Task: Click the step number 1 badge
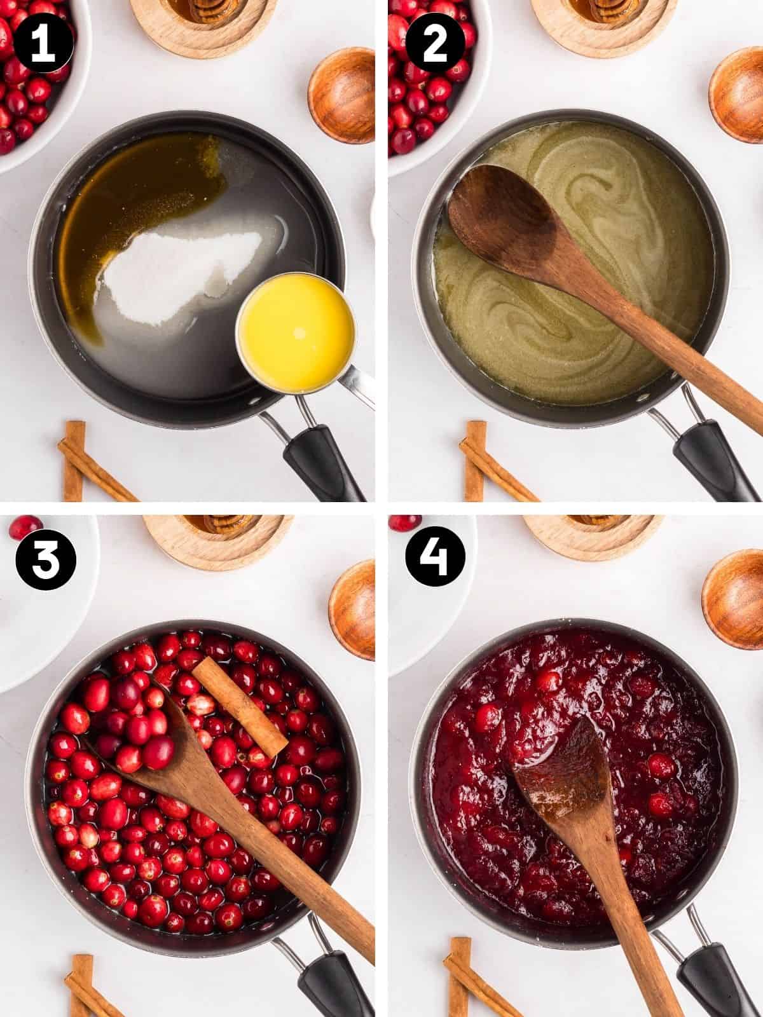pyautogui.click(x=43, y=43)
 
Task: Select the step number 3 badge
pyautogui.click(x=45, y=559)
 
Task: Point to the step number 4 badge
pyautogui.click(x=435, y=556)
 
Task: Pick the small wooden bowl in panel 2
pyautogui.click(x=736, y=95)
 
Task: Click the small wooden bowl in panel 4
pyautogui.click(x=733, y=599)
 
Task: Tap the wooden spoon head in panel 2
pyautogui.click(x=504, y=220)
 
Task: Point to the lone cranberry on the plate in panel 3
pyautogui.click(x=26, y=528)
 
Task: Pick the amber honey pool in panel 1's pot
pyautogui.click(x=134, y=204)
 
